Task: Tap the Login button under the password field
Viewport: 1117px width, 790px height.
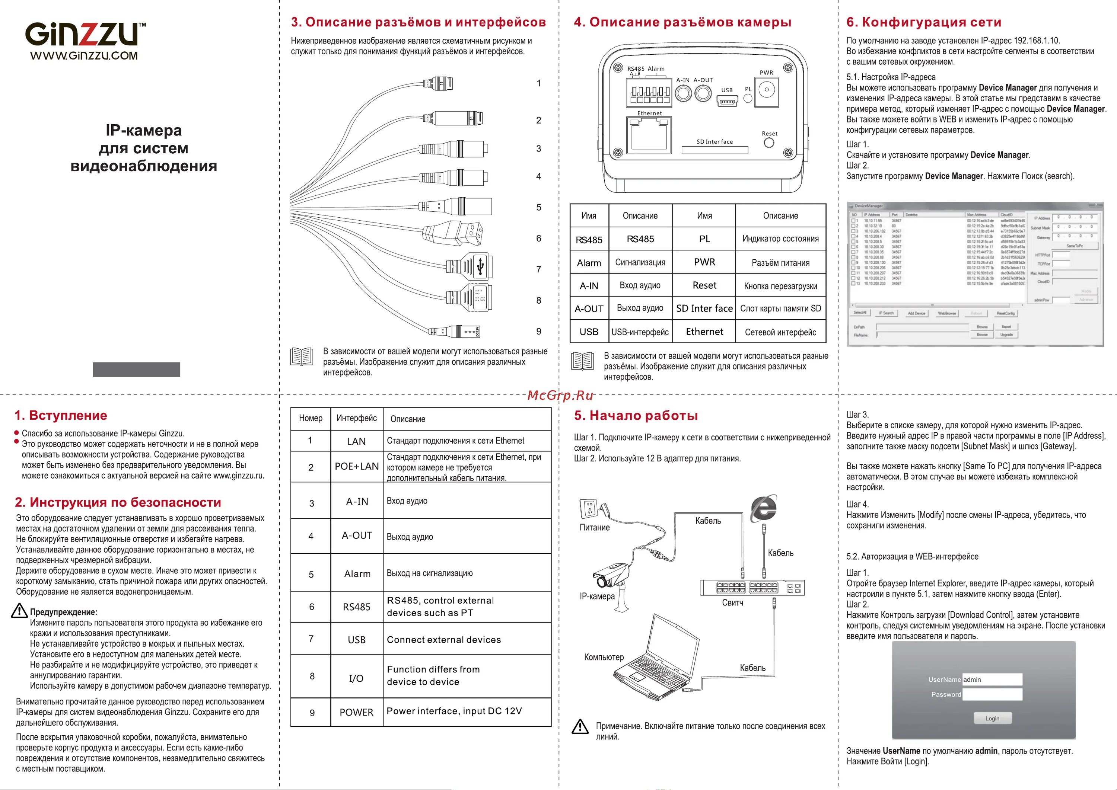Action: [x=992, y=718]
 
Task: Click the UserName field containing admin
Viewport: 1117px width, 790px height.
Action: [x=992, y=679]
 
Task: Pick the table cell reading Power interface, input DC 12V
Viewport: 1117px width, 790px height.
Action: [x=454, y=711]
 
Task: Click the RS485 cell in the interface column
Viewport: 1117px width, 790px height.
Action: [x=357, y=607]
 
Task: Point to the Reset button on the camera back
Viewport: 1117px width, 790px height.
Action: [x=769, y=143]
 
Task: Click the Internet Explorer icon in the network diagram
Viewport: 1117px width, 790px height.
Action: [x=763, y=509]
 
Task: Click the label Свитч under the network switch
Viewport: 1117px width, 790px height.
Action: [x=732, y=603]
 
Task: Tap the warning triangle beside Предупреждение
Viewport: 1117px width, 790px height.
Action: [x=19, y=611]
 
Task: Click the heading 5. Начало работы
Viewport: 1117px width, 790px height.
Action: [x=636, y=415]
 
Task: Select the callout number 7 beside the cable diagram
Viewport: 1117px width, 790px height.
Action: [x=538, y=269]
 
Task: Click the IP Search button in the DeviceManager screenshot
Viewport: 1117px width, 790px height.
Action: [x=886, y=313]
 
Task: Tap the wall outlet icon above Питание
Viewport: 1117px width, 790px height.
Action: [x=589, y=509]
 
